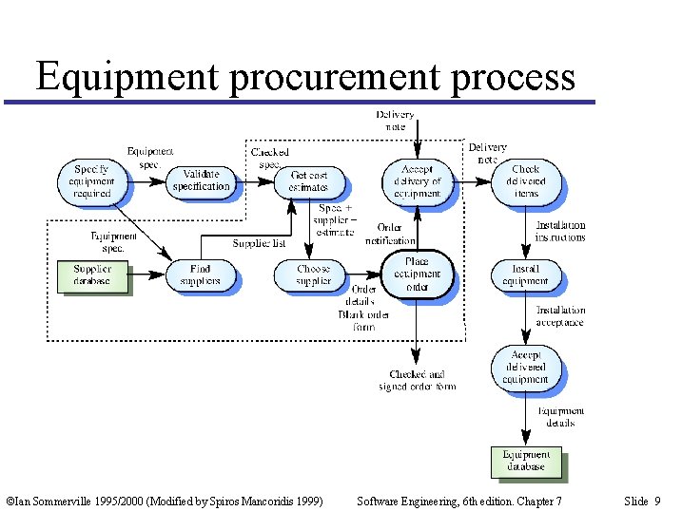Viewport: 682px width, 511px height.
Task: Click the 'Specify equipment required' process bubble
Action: (x=91, y=180)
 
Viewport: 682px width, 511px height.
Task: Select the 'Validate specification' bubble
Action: (x=201, y=180)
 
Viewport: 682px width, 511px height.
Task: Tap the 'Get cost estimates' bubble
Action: (x=308, y=181)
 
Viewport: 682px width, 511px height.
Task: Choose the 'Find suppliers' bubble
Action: (x=200, y=274)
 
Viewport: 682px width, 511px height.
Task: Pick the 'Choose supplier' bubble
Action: (x=313, y=274)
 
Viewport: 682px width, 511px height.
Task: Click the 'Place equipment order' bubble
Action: (x=417, y=274)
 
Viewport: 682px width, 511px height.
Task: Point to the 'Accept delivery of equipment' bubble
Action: (x=417, y=180)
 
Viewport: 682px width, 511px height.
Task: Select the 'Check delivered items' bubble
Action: (x=525, y=180)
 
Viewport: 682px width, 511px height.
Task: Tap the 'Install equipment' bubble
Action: (x=525, y=274)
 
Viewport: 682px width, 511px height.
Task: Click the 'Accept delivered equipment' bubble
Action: (x=525, y=368)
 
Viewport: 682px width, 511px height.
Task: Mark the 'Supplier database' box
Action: (x=92, y=274)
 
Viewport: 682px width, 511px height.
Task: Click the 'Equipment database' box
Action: (x=526, y=461)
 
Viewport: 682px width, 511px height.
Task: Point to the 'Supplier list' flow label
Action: (x=259, y=244)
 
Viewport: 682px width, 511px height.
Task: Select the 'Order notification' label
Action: (x=390, y=234)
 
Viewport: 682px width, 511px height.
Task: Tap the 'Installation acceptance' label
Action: (x=560, y=316)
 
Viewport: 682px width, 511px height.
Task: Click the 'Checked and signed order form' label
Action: (x=417, y=380)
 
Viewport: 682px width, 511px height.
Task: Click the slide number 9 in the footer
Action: (x=657, y=500)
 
